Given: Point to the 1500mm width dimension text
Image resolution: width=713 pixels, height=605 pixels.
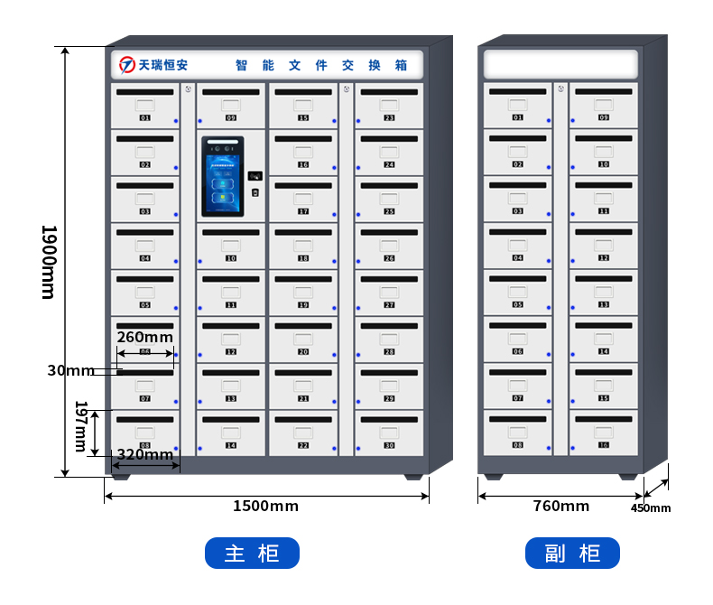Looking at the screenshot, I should click(x=265, y=506).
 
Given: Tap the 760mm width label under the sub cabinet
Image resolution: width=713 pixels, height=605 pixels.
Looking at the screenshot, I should click(x=561, y=506).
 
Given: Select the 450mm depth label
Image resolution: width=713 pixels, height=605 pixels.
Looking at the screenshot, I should click(x=651, y=507).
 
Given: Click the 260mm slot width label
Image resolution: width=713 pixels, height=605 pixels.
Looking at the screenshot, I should click(x=145, y=337).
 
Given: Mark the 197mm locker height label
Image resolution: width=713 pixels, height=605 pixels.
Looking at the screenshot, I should click(x=81, y=426).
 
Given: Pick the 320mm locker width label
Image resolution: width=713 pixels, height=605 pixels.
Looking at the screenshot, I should click(x=145, y=454).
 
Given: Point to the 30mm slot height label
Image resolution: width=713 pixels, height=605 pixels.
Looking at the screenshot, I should click(x=70, y=370).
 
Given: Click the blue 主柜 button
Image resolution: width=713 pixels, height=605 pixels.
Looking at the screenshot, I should click(x=252, y=553).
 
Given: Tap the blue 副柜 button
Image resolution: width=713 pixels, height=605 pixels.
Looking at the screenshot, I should click(x=573, y=553).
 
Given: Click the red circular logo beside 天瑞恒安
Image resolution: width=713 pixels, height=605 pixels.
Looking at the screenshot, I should click(x=127, y=65).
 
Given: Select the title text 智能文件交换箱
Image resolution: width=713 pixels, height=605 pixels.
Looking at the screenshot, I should click(x=321, y=65).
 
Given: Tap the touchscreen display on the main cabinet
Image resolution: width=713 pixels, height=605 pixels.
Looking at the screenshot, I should click(x=222, y=176).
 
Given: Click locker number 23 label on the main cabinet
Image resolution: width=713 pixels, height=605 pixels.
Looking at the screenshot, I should click(x=389, y=117).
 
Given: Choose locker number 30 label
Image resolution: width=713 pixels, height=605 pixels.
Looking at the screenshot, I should click(x=389, y=445).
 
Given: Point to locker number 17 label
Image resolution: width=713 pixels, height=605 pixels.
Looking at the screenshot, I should click(x=303, y=211).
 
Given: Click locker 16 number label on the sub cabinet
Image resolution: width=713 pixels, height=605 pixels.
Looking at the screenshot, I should click(x=604, y=445).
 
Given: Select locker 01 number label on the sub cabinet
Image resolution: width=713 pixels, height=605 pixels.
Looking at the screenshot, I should click(x=517, y=117).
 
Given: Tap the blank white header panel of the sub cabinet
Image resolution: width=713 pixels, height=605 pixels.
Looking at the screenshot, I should click(x=560, y=64).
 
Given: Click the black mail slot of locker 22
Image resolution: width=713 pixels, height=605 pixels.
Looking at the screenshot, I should click(x=303, y=419).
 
